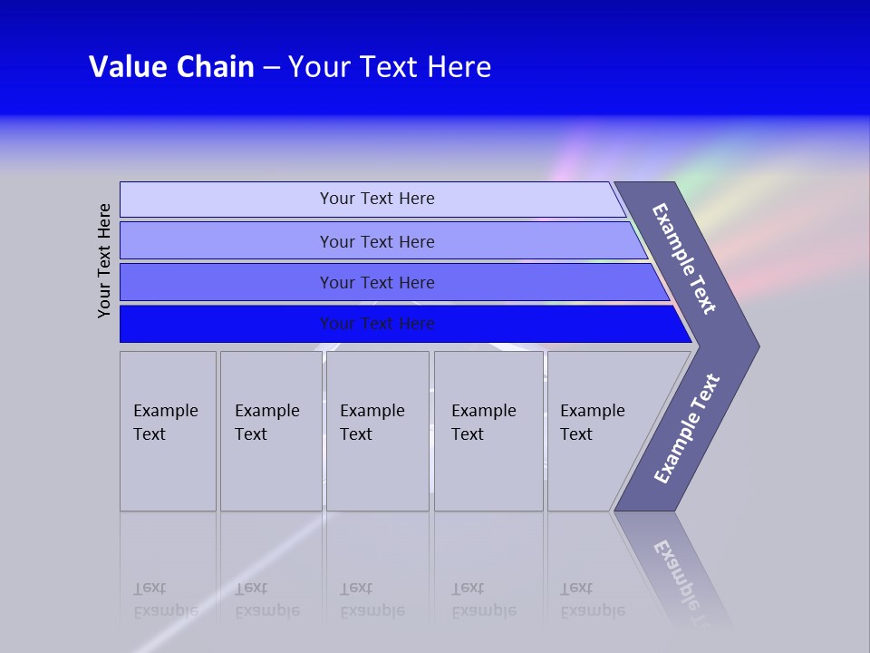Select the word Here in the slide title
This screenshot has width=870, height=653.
pyautogui.click(x=459, y=67)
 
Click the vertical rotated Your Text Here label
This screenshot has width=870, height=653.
pyautogui.click(x=104, y=260)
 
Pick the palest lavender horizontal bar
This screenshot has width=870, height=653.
pyautogui.click(x=372, y=200)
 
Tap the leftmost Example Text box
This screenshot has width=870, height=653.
pyautogui.click(x=168, y=431)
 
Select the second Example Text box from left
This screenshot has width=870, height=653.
pyautogui.click(x=271, y=431)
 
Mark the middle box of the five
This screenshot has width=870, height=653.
pyautogui.click(x=377, y=431)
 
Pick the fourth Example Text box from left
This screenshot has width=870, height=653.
pyautogui.click(x=488, y=431)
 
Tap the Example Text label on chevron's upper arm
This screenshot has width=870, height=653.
pyautogui.click(x=684, y=258)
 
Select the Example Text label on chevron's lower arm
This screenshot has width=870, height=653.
pyautogui.click(x=686, y=429)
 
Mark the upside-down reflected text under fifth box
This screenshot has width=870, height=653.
pyautogui.click(x=592, y=599)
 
